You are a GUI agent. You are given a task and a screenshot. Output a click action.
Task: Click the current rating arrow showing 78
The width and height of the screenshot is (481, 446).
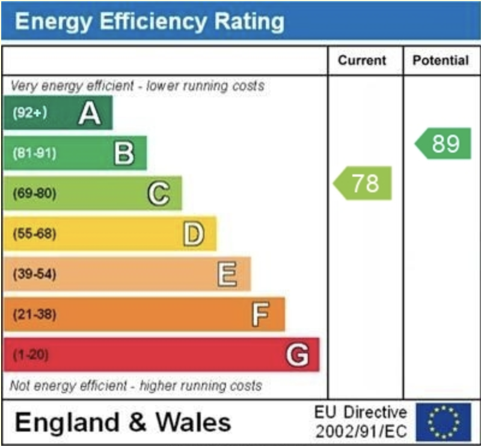[363, 183]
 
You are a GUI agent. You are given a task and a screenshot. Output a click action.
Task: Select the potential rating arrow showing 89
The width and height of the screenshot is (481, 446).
[444, 144]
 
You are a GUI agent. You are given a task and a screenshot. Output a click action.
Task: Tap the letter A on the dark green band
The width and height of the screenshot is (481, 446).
[90, 113]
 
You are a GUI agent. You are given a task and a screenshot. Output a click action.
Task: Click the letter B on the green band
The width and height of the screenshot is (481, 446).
[124, 153]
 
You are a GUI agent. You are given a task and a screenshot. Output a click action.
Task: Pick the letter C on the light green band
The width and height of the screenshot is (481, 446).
[158, 194]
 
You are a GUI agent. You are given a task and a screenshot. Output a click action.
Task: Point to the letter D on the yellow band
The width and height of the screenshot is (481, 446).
[193, 234]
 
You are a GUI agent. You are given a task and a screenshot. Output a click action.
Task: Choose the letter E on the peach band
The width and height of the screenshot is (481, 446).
[227, 274]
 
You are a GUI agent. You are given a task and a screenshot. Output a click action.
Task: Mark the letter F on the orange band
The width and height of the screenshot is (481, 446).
[260, 314]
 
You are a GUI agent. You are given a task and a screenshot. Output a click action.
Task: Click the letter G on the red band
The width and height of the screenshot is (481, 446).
[297, 355]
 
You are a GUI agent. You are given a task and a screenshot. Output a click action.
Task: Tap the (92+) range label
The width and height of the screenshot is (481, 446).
[29, 113]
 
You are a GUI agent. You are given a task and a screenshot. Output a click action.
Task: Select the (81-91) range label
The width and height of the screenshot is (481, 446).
[34, 153]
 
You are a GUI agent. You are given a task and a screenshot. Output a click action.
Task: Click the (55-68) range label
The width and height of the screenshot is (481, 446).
[34, 234]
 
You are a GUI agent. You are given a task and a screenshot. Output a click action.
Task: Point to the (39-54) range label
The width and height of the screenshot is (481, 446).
[34, 274]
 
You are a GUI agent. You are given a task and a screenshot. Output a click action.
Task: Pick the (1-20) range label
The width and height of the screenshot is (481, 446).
[29, 355]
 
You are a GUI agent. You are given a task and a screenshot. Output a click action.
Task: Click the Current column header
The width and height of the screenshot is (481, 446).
[362, 60]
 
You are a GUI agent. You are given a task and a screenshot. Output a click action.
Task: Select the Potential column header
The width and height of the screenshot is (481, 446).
[441, 60]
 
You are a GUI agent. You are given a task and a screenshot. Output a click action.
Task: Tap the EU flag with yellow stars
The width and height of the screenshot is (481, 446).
[444, 422]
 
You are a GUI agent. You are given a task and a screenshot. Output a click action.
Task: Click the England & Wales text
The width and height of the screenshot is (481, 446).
[123, 423]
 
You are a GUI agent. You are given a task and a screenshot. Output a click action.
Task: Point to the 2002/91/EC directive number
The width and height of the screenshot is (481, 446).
[361, 432]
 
